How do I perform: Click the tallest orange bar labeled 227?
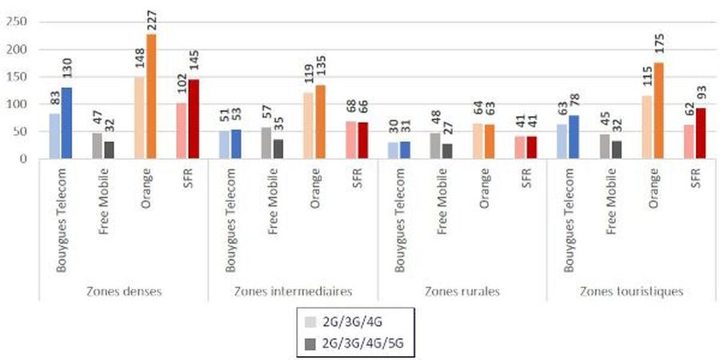(151, 96)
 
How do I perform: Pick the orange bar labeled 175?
(658, 110)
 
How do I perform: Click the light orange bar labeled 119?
(309, 126)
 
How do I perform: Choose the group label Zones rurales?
(462, 291)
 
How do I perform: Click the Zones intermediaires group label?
(293, 291)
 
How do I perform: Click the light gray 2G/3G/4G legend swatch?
(310, 323)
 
